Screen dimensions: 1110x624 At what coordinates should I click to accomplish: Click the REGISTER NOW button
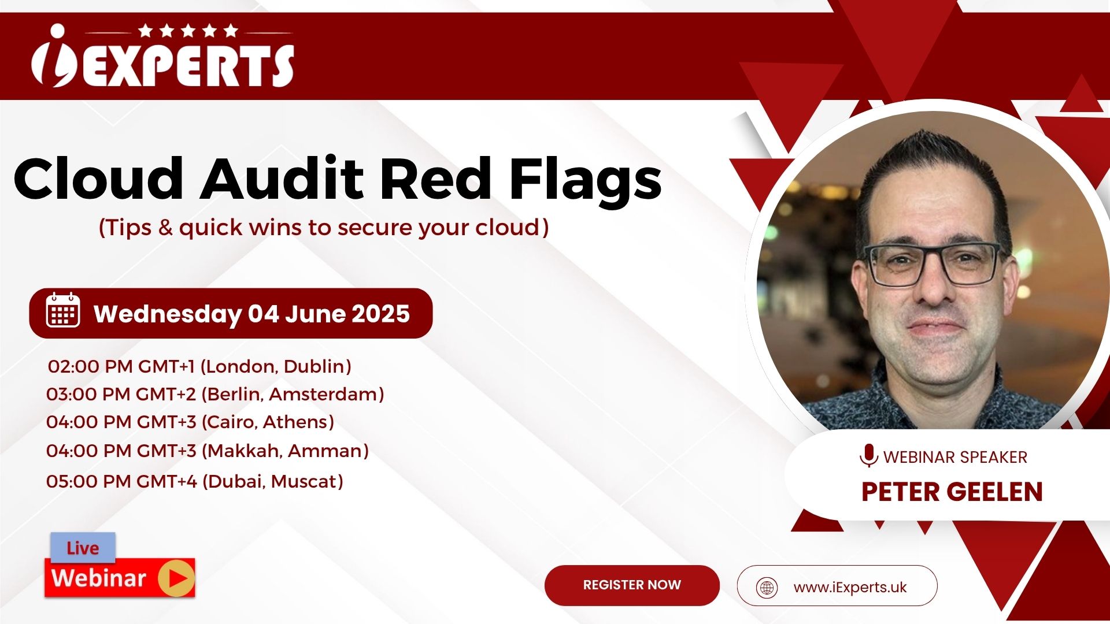tap(632, 585)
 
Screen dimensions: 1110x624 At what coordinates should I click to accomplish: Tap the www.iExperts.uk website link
tap(850, 588)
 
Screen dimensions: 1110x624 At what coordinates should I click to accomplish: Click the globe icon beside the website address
tap(767, 588)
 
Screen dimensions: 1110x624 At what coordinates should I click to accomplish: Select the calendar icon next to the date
tap(63, 310)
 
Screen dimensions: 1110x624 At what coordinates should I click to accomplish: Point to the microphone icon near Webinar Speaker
tap(868, 456)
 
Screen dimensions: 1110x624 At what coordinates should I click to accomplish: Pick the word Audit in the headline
tap(282, 178)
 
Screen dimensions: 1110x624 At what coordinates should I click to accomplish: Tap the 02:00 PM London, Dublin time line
tap(199, 366)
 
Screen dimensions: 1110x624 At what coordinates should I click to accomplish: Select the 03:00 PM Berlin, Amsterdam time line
tap(215, 394)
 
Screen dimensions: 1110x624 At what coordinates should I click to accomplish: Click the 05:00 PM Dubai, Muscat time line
tap(195, 481)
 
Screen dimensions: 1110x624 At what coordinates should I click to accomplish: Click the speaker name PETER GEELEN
tap(952, 492)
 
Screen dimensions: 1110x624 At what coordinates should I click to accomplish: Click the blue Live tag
tap(83, 547)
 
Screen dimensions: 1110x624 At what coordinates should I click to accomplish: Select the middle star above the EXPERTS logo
tap(188, 30)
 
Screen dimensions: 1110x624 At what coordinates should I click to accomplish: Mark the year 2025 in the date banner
tap(380, 314)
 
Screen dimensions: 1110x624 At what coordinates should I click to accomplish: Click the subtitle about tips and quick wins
tap(324, 228)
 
